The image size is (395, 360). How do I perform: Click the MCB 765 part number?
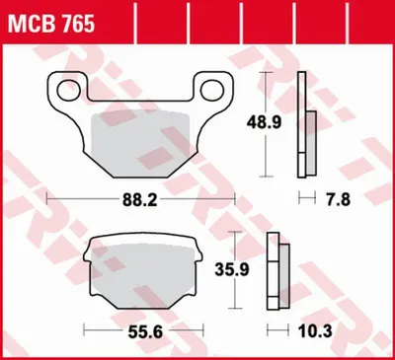(51, 24)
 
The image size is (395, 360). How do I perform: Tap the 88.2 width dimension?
(140, 199)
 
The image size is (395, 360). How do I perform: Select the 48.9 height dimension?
(265, 123)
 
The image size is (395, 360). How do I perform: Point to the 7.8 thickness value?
(339, 199)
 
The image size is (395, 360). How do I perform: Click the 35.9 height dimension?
(232, 269)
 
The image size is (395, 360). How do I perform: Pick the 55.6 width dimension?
(145, 332)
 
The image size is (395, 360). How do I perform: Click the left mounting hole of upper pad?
(69, 91)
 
